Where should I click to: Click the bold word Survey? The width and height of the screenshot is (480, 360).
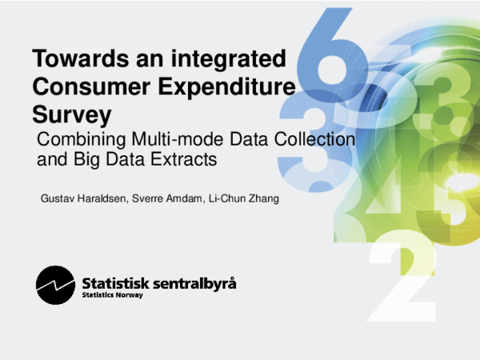[x=70, y=110]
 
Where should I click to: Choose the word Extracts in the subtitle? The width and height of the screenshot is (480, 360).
[x=186, y=158]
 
